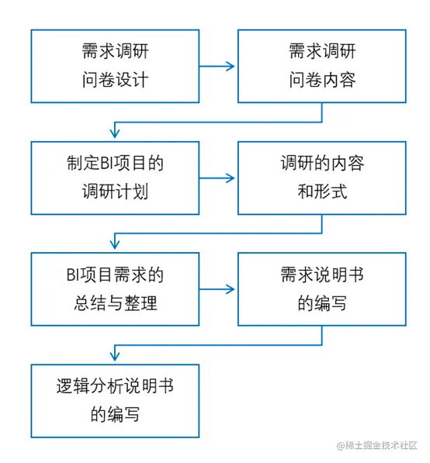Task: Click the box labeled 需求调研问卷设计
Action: [115, 66]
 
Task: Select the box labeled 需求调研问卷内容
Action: [321, 66]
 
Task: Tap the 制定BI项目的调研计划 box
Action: [115, 178]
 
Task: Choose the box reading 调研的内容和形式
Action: [321, 178]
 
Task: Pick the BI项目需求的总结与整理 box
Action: [115, 289]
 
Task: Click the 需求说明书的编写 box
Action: [321, 289]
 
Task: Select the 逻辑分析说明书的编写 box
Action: [115, 401]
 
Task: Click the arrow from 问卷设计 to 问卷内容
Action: [218, 67]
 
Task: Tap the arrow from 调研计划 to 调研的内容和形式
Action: [218, 178]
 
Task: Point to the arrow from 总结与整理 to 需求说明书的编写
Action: [218, 290]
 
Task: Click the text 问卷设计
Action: [115, 80]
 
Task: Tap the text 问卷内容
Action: [321, 80]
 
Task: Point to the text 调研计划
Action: [115, 192]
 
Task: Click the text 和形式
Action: [321, 192]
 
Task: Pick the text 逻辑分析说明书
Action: [115, 387]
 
